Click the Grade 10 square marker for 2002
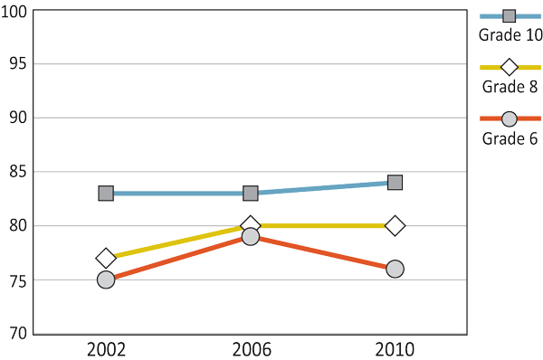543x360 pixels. pyautogui.click(x=106, y=194)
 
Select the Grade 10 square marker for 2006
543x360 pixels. pyautogui.click(x=251, y=194)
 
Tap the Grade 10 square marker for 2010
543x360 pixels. pyautogui.click(x=395, y=183)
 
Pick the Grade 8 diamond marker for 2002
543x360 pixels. pyautogui.click(x=106, y=258)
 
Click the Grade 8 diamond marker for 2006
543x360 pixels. pyautogui.click(x=251, y=225)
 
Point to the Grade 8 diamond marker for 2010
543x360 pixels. pyautogui.click(x=395, y=225)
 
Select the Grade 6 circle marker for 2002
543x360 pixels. pyautogui.click(x=106, y=279)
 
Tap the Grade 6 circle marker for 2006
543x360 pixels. pyautogui.click(x=251, y=237)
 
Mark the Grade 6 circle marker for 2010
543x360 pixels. pyautogui.click(x=395, y=269)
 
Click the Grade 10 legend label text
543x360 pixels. pyautogui.click(x=510, y=35)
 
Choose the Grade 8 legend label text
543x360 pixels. pyautogui.click(x=510, y=87)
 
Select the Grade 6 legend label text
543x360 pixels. pyautogui.click(x=510, y=138)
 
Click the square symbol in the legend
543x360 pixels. pyautogui.click(x=510, y=15)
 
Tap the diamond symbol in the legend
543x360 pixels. pyautogui.click(x=510, y=67)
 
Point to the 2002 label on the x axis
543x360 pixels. pyautogui.click(x=106, y=349)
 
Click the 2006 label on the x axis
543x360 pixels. pyautogui.click(x=251, y=349)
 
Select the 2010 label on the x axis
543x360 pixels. pyautogui.click(x=395, y=349)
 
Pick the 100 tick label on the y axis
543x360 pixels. pyautogui.click(x=14, y=11)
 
